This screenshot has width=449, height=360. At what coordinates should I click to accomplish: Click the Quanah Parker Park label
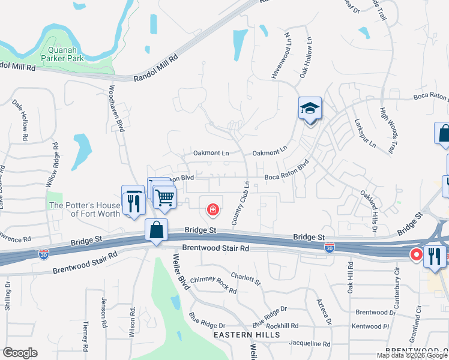[x=62, y=54]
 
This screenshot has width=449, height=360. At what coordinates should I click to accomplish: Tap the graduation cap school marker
[x=310, y=109]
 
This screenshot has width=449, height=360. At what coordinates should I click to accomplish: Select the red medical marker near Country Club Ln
[x=212, y=209]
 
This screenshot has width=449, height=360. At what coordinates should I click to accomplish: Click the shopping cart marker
[x=164, y=196]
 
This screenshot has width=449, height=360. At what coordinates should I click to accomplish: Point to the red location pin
[x=415, y=254]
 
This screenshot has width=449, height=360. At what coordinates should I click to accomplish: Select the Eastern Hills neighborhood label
[x=246, y=334]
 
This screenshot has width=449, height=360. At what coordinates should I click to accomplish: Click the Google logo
[x=20, y=353]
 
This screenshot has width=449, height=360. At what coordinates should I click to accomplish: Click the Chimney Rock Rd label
[x=213, y=284]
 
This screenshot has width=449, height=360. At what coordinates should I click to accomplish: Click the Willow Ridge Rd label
[x=52, y=165]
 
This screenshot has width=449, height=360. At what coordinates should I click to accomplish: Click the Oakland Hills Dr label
[x=369, y=211]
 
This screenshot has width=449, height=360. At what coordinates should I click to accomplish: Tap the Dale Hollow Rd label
[x=20, y=119]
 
